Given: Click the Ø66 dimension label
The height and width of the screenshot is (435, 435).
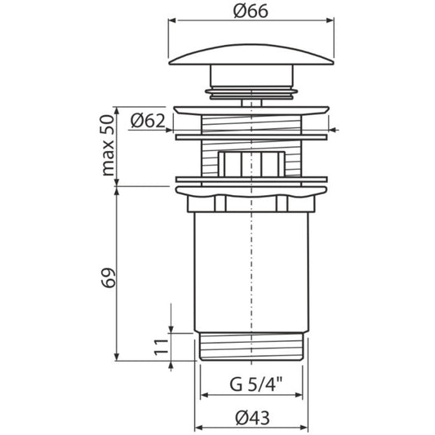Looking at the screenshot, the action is [x=251, y=11].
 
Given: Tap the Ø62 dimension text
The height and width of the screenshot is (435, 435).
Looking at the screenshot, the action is [x=148, y=121].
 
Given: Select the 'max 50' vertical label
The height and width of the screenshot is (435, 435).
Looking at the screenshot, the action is [x=109, y=145].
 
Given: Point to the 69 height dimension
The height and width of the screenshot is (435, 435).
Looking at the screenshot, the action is [x=109, y=277].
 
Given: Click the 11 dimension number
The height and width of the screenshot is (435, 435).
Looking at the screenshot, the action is [x=162, y=347].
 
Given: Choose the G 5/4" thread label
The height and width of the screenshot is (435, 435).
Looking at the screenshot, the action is [x=255, y=384].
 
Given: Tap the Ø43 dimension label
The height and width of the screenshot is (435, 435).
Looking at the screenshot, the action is [x=252, y=418].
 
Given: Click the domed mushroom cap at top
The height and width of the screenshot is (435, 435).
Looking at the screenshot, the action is [x=251, y=55].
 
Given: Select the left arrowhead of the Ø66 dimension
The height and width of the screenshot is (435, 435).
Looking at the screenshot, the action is [x=172, y=20].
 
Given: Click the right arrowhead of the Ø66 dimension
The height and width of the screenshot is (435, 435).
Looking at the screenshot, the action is [x=331, y=20].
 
